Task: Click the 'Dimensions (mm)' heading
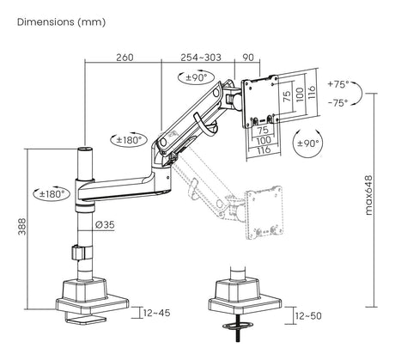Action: [x=61, y=21]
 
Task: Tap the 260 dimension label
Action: [x=125, y=58]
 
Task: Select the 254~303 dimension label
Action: [x=201, y=58]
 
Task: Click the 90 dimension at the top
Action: [x=248, y=58]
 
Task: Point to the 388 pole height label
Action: [x=22, y=227]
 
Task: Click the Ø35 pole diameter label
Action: [x=105, y=224]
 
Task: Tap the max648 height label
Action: [x=369, y=195]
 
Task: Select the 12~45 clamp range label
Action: [x=156, y=313]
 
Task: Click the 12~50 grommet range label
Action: [x=308, y=316]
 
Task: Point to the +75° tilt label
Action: [x=338, y=84]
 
